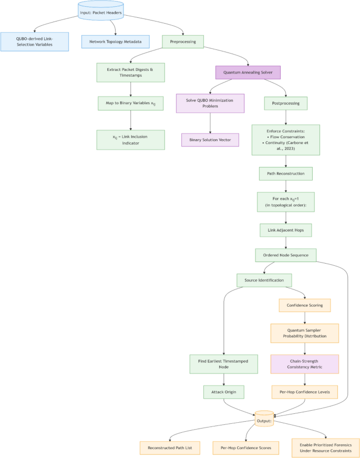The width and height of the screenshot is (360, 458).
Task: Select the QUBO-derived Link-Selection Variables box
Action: pyautogui.click(x=34, y=41)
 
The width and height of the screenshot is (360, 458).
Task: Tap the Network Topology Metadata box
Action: pyautogui.click(x=115, y=41)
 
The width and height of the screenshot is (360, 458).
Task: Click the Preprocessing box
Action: pyautogui.click(x=182, y=41)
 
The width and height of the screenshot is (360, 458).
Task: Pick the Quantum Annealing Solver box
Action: pyautogui.click(x=248, y=72)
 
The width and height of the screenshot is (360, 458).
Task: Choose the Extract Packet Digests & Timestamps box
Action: pyautogui.click(x=130, y=72)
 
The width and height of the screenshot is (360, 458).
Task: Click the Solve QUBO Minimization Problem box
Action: pyautogui.click(x=210, y=103)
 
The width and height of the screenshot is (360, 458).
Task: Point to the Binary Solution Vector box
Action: pyautogui.click(x=210, y=140)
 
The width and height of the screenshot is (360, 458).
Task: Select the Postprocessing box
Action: pyautogui.click(x=285, y=103)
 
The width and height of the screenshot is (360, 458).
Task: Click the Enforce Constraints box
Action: pyautogui.click(x=285, y=140)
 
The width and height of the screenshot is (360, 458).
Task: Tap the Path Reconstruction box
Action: pyautogui.click(x=285, y=173)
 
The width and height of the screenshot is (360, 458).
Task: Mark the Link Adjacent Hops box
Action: pyautogui.click(x=285, y=230)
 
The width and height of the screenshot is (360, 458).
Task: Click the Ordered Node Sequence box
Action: pyautogui.click(x=285, y=255)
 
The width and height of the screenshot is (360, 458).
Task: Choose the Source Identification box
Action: pyautogui.click(x=264, y=280)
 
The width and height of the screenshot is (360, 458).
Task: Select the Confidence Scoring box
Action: pyautogui.click(x=304, y=305)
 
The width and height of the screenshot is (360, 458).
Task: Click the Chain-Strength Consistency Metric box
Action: pyautogui.click(x=304, y=364)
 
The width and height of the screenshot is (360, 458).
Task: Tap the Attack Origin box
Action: pyautogui.click(x=224, y=392)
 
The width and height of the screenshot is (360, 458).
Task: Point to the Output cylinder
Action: pyautogui.click(x=264, y=420)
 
